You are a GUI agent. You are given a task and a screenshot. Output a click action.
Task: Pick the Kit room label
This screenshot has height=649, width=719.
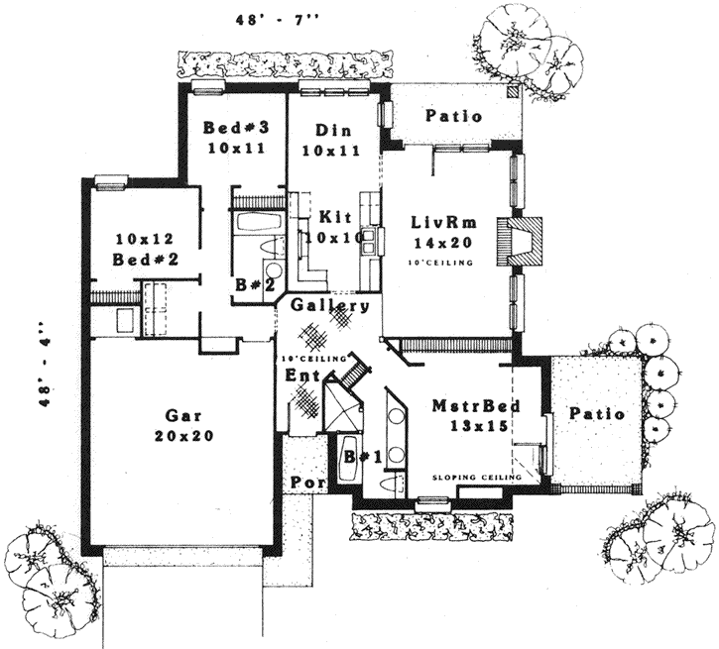[332, 217]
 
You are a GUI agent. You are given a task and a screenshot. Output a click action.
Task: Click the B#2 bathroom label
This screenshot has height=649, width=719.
[253, 284]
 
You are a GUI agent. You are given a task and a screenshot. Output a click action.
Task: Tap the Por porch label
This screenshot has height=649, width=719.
[303, 483]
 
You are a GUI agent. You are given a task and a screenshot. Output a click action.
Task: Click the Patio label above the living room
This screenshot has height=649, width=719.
[454, 116]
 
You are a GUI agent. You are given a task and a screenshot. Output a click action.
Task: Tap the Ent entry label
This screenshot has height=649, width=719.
[300, 377]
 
